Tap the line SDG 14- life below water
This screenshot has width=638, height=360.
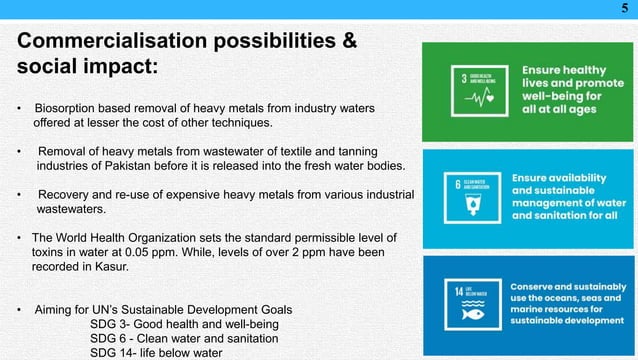click(x=155, y=352)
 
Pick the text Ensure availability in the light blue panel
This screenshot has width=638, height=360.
click(x=559, y=177)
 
